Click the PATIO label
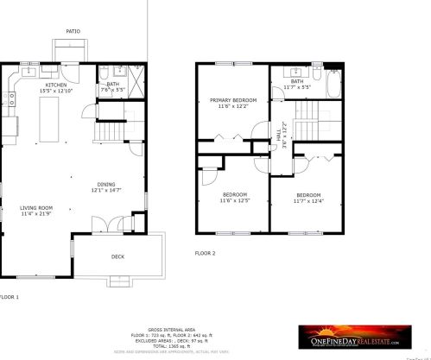tap(73, 31)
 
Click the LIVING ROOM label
tap(37, 207)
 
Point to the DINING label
tap(106, 184)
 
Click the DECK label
tap(117, 256)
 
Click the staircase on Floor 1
tap(109, 134)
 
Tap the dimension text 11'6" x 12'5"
tap(234, 200)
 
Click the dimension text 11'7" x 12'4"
tap(308, 200)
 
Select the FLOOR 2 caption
tap(204, 253)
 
